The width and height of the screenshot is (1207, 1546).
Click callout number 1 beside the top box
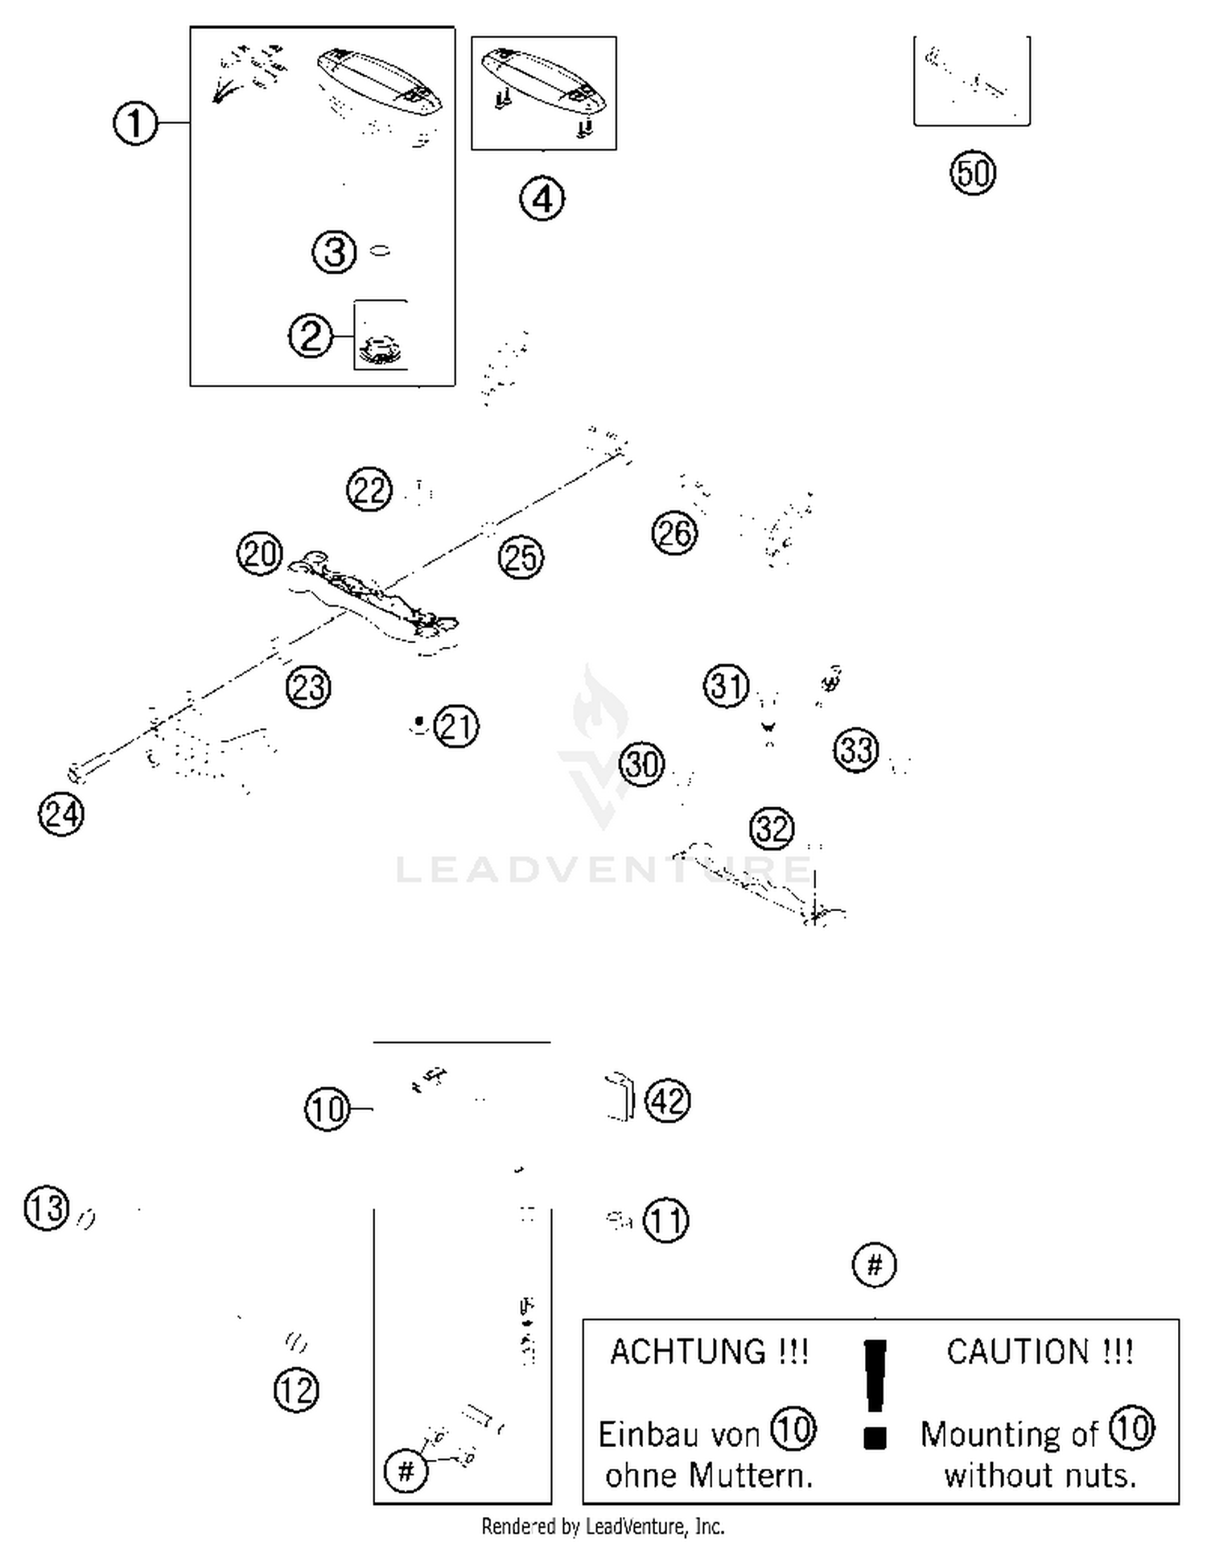tap(134, 123)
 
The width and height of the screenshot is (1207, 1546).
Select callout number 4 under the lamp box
tap(542, 199)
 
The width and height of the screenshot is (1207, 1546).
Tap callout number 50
tap(973, 173)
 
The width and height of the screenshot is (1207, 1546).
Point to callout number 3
tap(334, 251)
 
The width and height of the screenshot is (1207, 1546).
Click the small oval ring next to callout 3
tap(381, 251)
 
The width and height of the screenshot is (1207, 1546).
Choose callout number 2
tap(310, 335)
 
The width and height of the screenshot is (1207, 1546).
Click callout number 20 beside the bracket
tap(259, 554)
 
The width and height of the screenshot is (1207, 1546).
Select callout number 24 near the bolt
tap(61, 814)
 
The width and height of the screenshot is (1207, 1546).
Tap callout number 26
tap(674, 533)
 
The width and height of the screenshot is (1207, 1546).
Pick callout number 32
tap(772, 828)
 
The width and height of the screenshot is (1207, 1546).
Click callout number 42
tap(668, 1100)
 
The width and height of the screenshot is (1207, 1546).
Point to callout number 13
tap(47, 1208)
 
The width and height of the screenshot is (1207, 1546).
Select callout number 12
tap(296, 1390)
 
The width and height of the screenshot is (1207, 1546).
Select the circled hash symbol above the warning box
tap(874, 1264)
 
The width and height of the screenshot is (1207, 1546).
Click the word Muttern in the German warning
tap(750, 1475)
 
